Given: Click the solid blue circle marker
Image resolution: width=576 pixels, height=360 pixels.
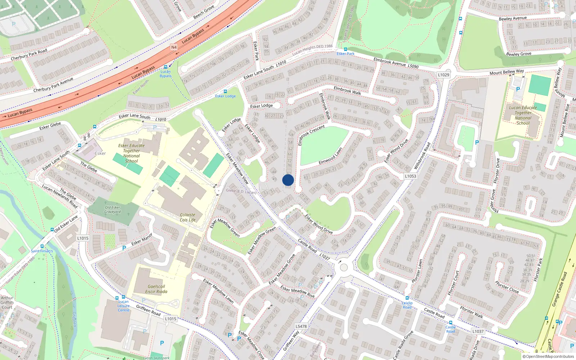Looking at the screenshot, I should click(x=288, y=180).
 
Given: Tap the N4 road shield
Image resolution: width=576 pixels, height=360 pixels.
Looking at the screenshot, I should click(x=174, y=47).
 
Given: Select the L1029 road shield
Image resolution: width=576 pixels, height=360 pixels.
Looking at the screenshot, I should click(x=444, y=75).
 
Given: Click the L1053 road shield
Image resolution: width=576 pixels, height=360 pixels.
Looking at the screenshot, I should click(x=410, y=176).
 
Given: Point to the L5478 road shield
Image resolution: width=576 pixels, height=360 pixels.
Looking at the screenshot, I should click(x=301, y=327).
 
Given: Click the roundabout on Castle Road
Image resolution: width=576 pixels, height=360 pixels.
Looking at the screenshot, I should click(x=344, y=267).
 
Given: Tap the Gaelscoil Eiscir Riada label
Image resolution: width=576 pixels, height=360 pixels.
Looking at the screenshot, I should click(x=156, y=289).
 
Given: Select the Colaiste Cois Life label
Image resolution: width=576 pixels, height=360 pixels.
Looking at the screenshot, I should click(x=188, y=217).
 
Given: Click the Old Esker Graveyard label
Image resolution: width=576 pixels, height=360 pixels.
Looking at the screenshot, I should click(x=112, y=210).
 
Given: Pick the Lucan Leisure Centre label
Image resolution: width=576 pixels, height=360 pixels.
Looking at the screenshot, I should click(x=123, y=306).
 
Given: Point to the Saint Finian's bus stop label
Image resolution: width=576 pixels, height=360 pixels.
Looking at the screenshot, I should click(x=42, y=251).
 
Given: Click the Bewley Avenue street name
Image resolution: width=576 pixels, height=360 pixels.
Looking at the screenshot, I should click(x=513, y=18).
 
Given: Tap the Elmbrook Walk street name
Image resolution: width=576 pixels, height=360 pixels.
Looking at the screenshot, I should click(x=347, y=90).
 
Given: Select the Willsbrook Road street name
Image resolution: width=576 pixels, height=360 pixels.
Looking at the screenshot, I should click(x=422, y=156).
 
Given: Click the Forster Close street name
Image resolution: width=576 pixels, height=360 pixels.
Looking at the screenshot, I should click(x=507, y=287).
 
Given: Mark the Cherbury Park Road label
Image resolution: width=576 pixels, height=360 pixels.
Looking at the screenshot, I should click(x=29, y=55).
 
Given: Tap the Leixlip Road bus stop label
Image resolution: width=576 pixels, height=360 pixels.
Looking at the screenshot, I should click(x=407, y=305).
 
